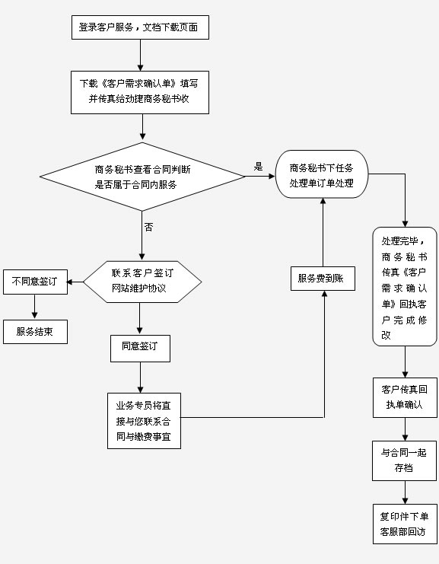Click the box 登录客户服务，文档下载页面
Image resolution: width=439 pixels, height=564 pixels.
click(140, 27)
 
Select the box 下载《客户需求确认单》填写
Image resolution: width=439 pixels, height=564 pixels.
click(140, 92)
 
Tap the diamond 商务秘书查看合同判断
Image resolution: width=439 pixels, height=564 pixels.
click(142, 177)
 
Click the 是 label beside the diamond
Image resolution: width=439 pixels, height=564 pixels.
click(258, 167)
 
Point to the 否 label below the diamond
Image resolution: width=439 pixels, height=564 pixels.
click(148, 227)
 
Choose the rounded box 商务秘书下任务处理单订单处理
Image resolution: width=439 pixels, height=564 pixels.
click(322, 174)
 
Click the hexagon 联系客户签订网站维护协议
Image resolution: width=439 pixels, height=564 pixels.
click(142, 282)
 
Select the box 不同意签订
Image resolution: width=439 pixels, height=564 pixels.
click(35, 282)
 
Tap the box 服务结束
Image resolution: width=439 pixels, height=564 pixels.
click(35, 332)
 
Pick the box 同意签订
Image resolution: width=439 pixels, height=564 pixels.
click(140, 349)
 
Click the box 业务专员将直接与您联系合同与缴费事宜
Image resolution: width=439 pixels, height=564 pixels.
click(144, 421)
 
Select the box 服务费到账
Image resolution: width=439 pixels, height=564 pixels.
click(323, 279)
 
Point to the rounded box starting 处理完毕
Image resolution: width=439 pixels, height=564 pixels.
click(405, 286)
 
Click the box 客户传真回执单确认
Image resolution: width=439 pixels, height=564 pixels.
click(405, 397)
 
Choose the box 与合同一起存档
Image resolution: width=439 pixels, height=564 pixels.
click(405, 460)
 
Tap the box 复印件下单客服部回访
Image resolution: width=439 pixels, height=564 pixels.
click(405, 524)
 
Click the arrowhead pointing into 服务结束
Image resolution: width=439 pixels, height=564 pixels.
click(34, 315)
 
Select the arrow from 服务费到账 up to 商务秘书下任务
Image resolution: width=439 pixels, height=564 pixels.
click(323, 232)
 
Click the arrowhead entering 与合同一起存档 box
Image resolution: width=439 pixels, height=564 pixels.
click(405, 437)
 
